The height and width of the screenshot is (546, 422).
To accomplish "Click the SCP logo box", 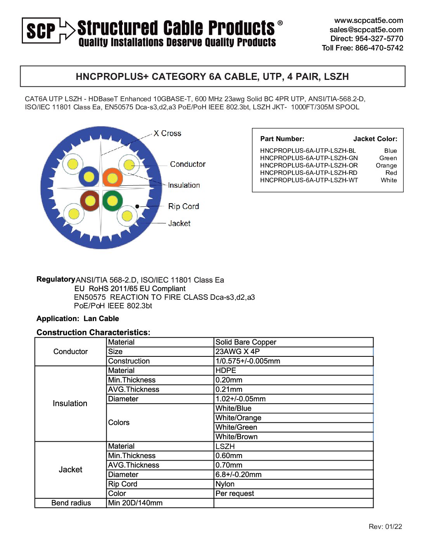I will [x=41, y=30].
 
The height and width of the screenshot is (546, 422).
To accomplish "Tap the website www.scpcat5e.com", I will [x=368, y=21].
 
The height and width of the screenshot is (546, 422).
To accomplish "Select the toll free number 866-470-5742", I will [x=379, y=48].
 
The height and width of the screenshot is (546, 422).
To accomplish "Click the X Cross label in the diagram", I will [x=167, y=133].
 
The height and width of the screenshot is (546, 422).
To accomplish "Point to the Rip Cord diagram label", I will [x=183, y=206].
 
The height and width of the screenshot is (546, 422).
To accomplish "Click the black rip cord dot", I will [x=137, y=206].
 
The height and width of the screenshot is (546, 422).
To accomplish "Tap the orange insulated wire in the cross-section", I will [x=112, y=178].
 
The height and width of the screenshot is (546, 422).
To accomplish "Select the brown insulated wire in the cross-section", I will [x=90, y=200].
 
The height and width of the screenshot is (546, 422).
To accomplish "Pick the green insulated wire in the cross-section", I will [x=112, y=200].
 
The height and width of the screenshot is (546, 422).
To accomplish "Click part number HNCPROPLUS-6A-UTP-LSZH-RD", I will [x=309, y=173].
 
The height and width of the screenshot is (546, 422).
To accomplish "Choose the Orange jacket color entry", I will [x=386, y=166].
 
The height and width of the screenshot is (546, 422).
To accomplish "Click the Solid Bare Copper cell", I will [x=246, y=342].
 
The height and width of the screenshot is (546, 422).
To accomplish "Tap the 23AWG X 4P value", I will [x=237, y=352].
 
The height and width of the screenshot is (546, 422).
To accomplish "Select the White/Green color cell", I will [x=236, y=427].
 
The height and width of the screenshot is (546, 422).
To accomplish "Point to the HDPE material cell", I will [x=226, y=371].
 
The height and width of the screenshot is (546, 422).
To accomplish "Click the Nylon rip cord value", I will [x=225, y=484].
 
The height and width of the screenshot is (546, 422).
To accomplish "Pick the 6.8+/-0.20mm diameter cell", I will [x=239, y=475].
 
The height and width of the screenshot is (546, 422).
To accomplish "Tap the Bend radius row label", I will [x=71, y=503].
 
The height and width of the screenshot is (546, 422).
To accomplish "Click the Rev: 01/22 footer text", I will [x=385, y=527].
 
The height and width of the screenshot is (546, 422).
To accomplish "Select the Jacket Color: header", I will [x=375, y=139].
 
